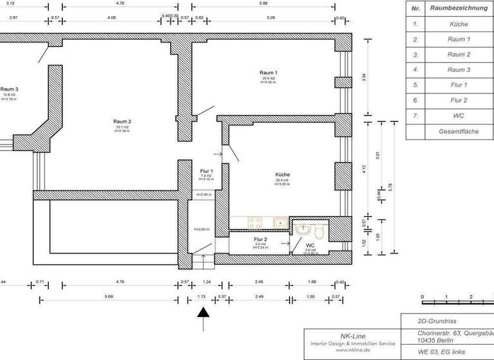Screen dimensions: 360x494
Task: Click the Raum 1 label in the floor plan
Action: (x=268, y=73)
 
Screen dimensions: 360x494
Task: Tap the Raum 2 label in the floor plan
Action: (x=122, y=122)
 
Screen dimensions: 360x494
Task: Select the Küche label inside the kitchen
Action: (x=282, y=175)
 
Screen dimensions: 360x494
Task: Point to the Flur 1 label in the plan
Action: (x=206, y=171)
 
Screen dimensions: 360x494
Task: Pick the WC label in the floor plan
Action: (x=309, y=245)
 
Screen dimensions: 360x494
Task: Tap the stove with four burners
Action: (x=254, y=223)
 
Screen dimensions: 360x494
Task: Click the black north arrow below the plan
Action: (x=203, y=314)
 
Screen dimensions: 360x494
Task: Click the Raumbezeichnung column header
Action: (x=459, y=9)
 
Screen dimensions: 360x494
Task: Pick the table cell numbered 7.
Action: (x=416, y=116)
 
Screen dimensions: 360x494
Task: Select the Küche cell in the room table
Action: (x=459, y=24)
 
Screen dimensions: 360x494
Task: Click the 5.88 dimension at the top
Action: (x=263, y=3)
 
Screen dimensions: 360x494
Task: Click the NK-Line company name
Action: (x=350, y=336)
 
